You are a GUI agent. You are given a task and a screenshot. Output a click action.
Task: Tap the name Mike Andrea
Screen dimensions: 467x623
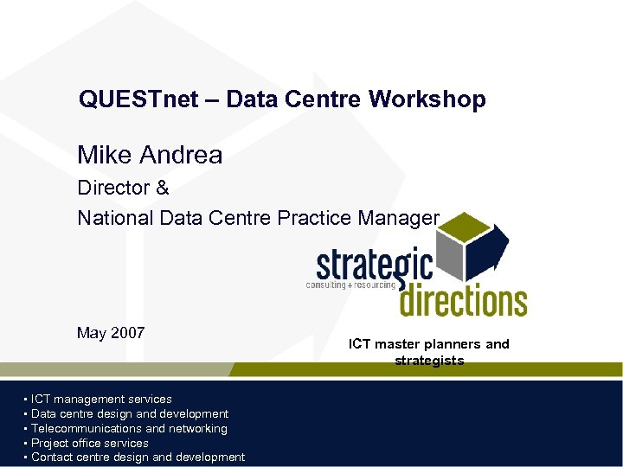click(150, 156)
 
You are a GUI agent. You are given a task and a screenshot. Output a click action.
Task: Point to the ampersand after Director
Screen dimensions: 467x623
click(162, 188)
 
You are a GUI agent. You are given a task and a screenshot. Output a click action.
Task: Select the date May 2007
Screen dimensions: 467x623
click(111, 333)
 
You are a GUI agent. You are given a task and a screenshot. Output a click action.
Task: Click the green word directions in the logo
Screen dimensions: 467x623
click(462, 300)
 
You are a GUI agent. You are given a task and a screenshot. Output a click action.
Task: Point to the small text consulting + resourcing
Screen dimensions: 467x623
click(350, 285)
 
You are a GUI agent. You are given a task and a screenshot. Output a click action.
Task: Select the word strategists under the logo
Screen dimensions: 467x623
click(429, 361)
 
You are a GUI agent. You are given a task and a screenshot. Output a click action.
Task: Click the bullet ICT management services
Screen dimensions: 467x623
click(101, 399)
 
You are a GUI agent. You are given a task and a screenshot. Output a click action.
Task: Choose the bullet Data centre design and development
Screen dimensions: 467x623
click(130, 413)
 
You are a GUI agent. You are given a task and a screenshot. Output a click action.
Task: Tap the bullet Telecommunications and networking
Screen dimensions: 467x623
click(129, 428)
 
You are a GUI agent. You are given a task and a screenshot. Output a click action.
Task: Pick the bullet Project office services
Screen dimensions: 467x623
click(90, 443)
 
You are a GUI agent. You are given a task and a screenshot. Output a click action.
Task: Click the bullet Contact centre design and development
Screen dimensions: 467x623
click(138, 457)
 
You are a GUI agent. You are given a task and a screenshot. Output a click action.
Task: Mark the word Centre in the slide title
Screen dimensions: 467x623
click(327, 99)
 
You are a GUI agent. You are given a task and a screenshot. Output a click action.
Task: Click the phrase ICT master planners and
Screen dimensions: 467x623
click(429, 344)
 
